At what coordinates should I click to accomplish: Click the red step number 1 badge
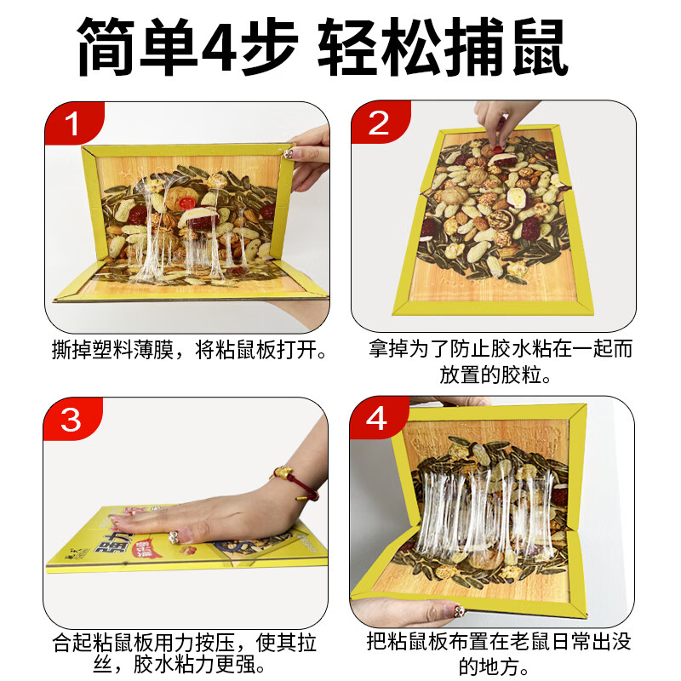72,124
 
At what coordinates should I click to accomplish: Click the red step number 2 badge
378,124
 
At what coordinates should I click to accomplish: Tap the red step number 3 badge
72,421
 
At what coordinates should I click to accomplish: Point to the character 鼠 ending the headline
540,48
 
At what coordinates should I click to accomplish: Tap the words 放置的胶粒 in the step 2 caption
491,374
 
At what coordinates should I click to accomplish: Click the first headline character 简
109,48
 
